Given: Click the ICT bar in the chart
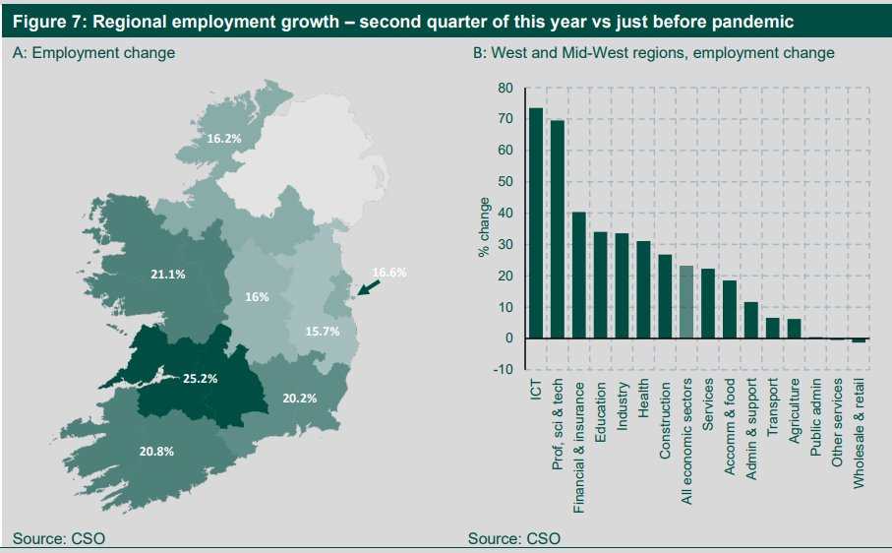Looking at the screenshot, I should pyautogui.click(x=536, y=223).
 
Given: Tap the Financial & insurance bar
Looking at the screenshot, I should pyautogui.click(x=579, y=276).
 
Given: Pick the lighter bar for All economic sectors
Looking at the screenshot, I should pyautogui.click(x=686, y=302).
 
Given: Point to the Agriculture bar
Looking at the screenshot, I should pyautogui.click(x=795, y=329).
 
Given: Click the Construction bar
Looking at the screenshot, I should pyautogui.click(x=665, y=296).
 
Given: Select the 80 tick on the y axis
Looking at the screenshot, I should pyautogui.click(x=505, y=88).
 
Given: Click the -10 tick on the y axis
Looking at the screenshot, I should pyautogui.click(x=504, y=370).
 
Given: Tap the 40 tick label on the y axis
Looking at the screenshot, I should pyautogui.click(x=505, y=213).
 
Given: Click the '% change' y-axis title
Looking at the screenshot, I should pyautogui.click(x=485, y=229).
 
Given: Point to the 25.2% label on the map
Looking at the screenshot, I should pyautogui.click(x=201, y=378).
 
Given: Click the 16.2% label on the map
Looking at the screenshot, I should pyautogui.click(x=224, y=139).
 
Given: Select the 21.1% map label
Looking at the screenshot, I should pyautogui.click(x=168, y=275).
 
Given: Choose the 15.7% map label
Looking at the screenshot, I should pyautogui.click(x=322, y=332).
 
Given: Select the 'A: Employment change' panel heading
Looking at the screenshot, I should pyautogui.click(x=93, y=53).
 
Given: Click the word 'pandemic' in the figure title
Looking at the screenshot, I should pyautogui.click(x=743, y=21).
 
